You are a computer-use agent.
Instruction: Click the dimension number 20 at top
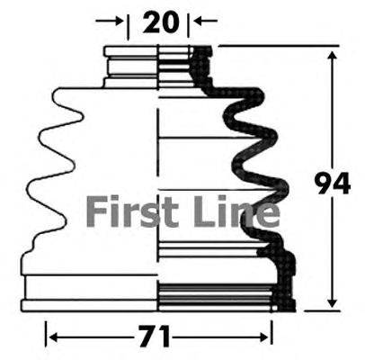tap(161, 22)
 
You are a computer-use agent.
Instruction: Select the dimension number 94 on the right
tap(333, 183)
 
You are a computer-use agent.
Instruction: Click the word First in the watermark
tap(133, 211)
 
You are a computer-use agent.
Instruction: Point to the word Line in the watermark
tap(237, 211)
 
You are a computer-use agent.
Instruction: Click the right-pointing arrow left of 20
tap(110, 21)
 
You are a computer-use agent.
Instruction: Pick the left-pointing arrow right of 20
tap(206, 21)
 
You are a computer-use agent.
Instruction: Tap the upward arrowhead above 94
tap(333, 57)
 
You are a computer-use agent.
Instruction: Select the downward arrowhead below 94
tap(333, 301)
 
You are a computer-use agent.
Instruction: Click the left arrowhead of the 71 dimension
tap(54, 337)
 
